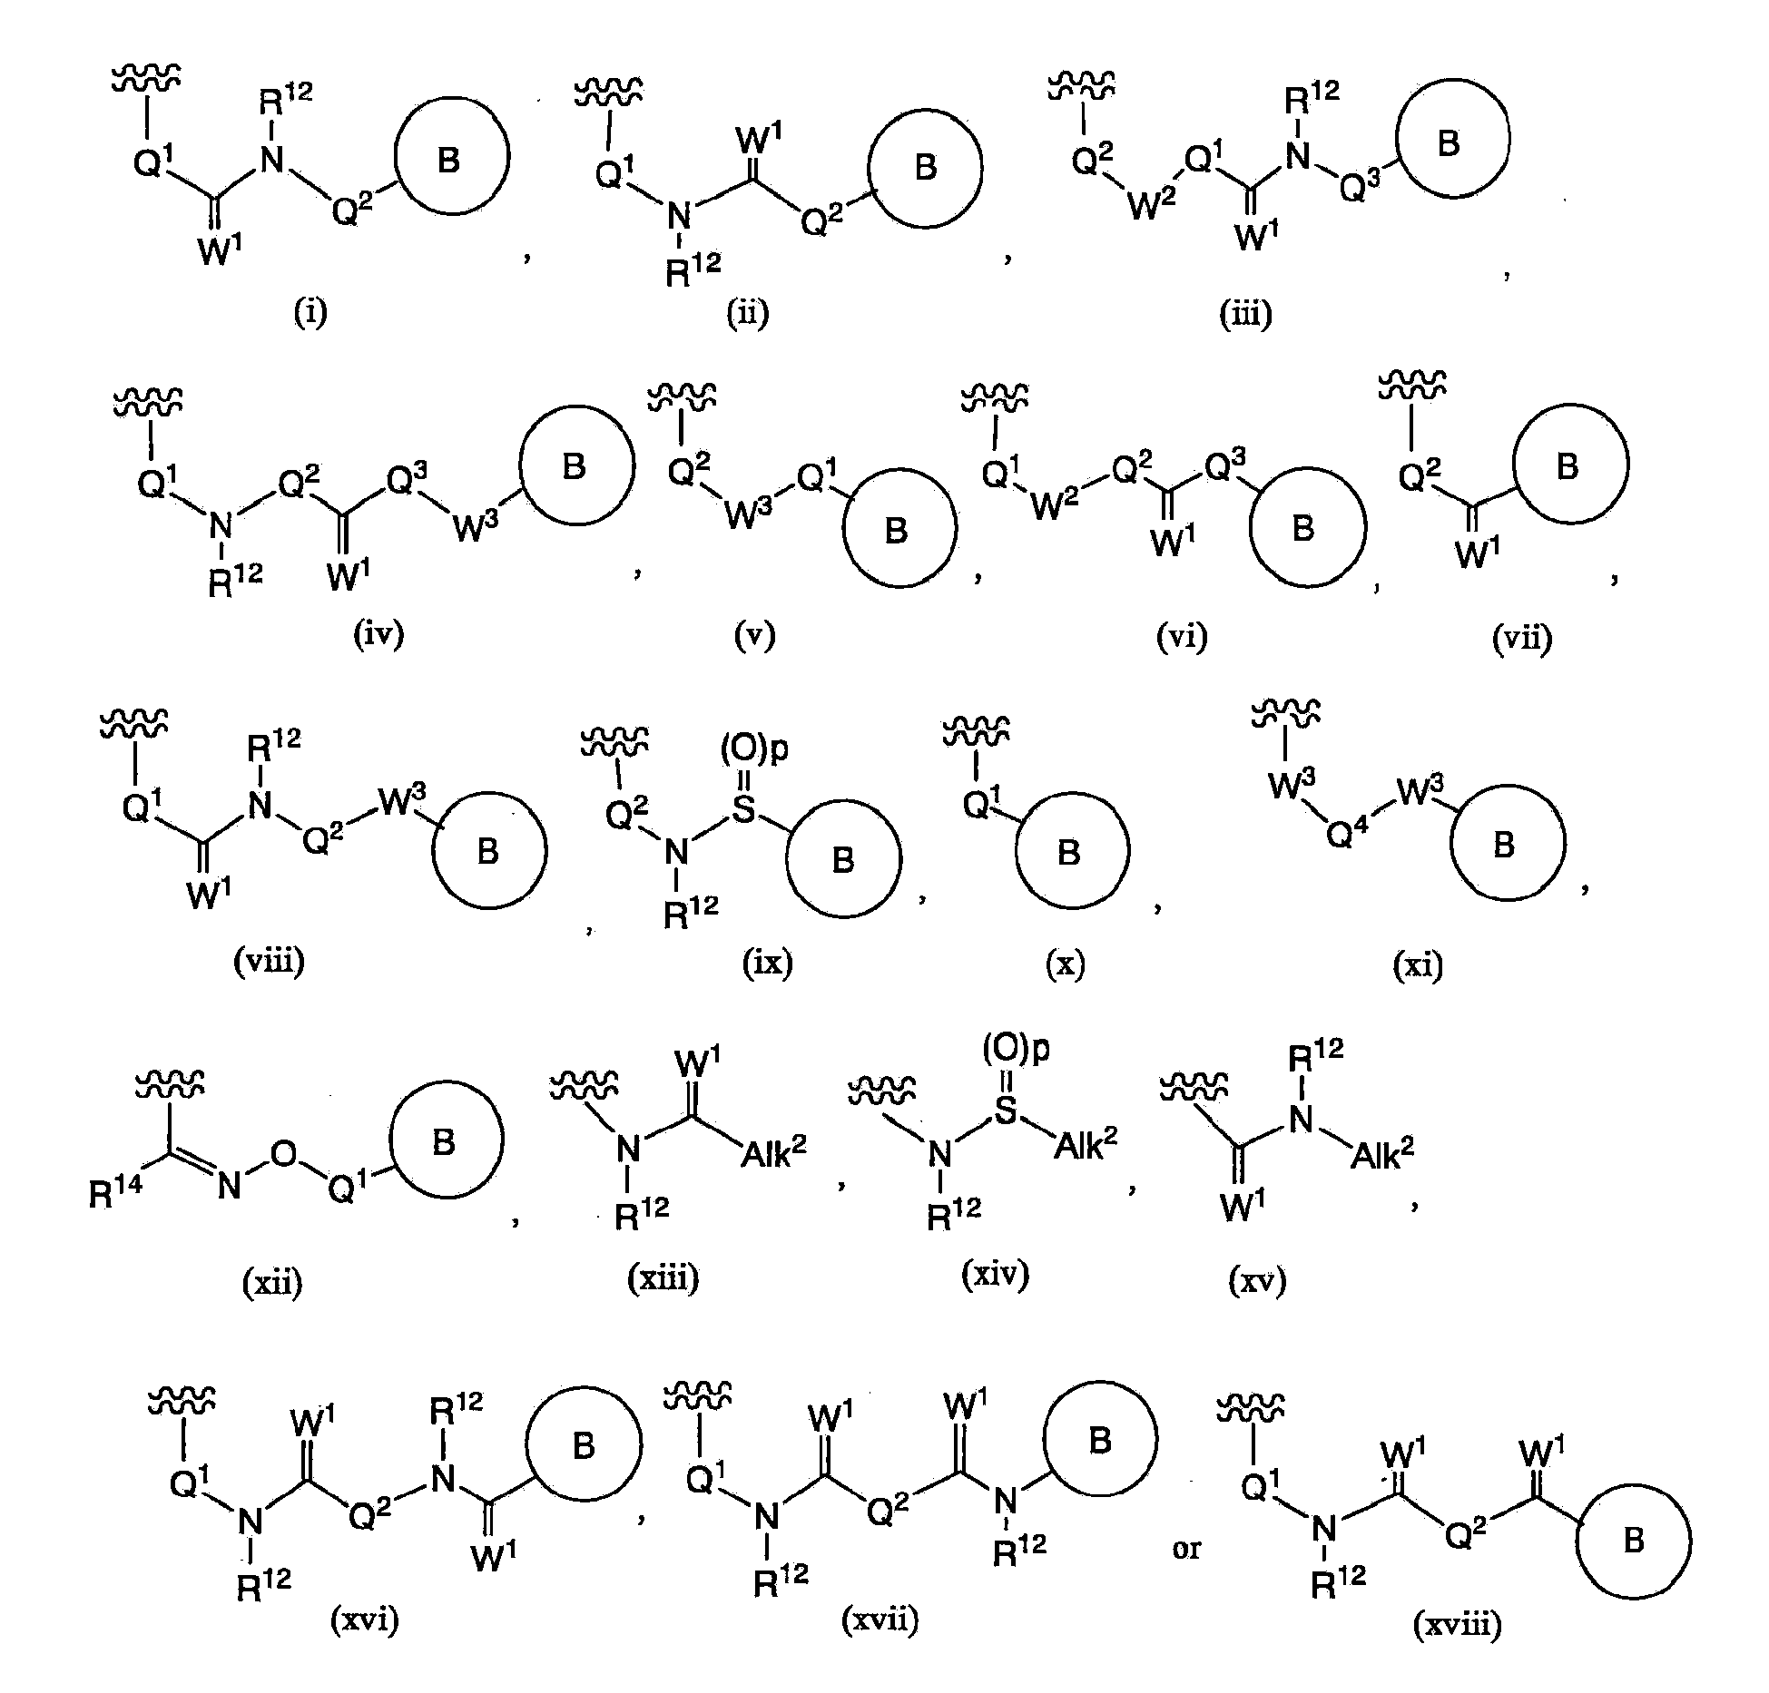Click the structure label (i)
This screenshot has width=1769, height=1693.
click(x=310, y=312)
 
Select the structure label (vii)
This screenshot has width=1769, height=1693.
click(x=1522, y=639)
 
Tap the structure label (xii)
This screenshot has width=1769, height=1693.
click(x=272, y=1282)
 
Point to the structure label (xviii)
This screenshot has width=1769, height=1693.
click(x=1458, y=1624)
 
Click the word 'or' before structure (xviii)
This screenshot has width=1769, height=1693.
click(x=1186, y=1548)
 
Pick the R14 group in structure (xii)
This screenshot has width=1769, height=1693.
click(x=115, y=1193)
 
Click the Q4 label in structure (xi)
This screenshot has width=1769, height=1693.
click(x=1346, y=830)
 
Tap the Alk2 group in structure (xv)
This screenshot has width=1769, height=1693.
click(x=1382, y=1151)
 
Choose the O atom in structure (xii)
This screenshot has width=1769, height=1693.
click(x=285, y=1153)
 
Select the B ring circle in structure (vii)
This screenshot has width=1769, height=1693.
click(x=1569, y=464)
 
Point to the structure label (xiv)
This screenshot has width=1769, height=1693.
click(x=995, y=1275)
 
